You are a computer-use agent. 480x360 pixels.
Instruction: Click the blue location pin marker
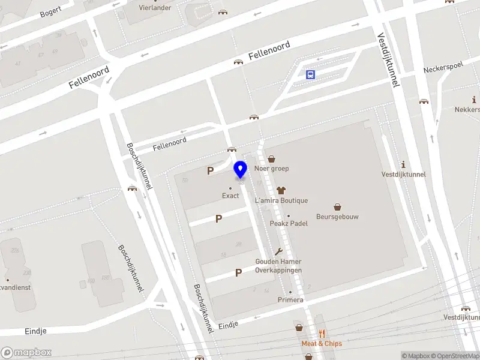(240, 170)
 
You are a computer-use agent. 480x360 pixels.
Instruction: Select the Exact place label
(230, 196)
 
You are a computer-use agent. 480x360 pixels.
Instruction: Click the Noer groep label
(271, 169)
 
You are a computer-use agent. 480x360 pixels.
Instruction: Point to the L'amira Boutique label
(281, 200)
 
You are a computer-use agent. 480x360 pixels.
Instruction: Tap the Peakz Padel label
(289, 224)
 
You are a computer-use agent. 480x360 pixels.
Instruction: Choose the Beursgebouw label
(337, 217)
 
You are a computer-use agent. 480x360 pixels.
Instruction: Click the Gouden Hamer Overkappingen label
(278, 266)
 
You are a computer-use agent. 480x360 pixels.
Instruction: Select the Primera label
(290, 299)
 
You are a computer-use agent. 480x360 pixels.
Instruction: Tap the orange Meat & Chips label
(322, 344)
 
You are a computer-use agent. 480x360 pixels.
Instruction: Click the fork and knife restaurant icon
(322, 334)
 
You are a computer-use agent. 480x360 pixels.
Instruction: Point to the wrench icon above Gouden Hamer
(278, 252)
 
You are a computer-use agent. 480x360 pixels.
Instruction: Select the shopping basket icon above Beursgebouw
(337, 206)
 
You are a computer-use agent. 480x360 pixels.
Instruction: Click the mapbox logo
(26, 353)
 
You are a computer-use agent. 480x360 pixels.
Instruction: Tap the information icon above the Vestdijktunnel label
(404, 164)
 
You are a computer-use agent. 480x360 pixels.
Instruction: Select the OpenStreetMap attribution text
(454, 356)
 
